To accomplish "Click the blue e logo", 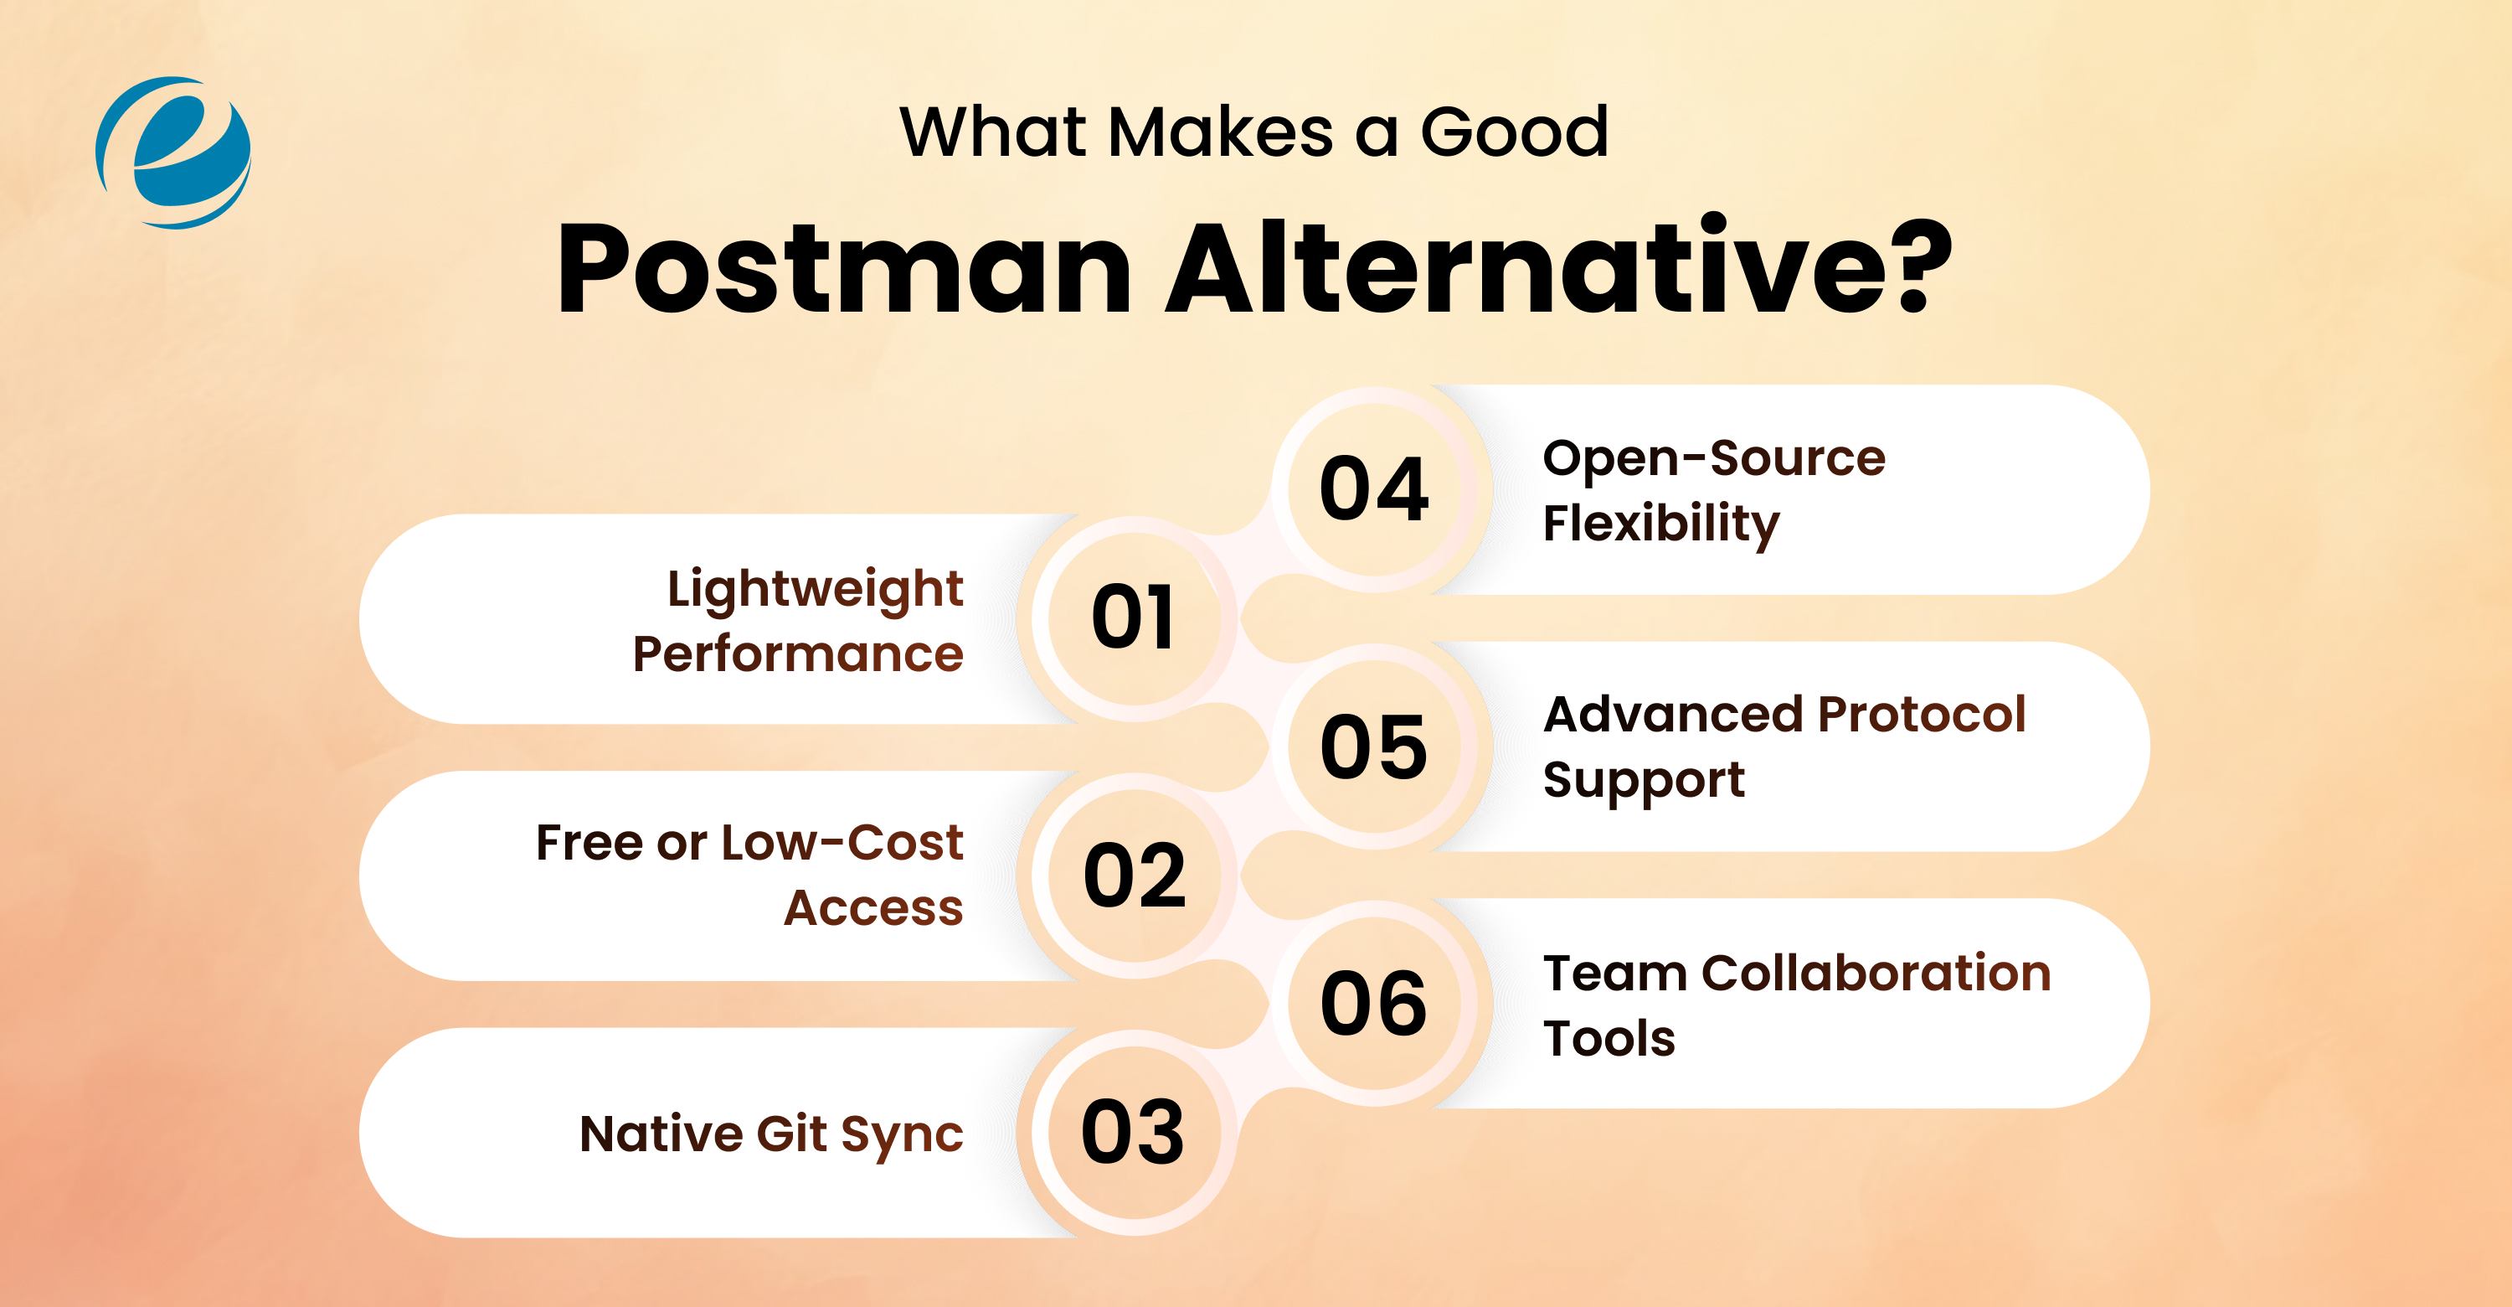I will click(x=173, y=153).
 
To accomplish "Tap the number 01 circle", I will click(x=1133, y=618).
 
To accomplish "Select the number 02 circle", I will click(x=1133, y=875).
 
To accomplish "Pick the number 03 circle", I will click(x=1133, y=1133).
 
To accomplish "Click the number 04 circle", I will click(x=1374, y=489).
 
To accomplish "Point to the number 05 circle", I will click(x=1374, y=747).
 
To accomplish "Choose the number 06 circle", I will click(x=1374, y=1004).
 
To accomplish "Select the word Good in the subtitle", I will click(x=1513, y=132).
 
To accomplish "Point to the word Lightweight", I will click(x=816, y=590).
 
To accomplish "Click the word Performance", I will click(x=798, y=654).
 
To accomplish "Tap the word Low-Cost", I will click(x=842, y=843).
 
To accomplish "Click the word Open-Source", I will click(x=1713, y=458).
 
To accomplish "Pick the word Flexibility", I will click(x=1660, y=524).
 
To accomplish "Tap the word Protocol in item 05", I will click(x=1922, y=715).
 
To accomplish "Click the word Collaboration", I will click(x=1876, y=974).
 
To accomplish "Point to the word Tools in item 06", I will click(x=1609, y=1038).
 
